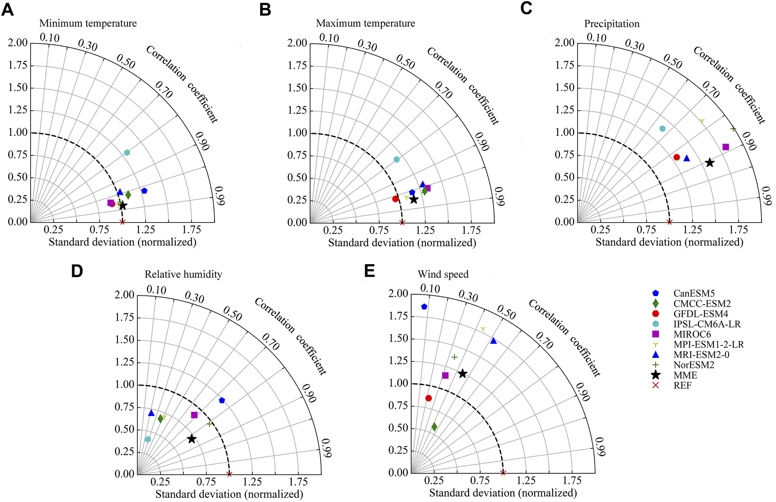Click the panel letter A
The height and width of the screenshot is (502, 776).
coord(7,9)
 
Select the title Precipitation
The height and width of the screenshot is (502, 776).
coord(611,24)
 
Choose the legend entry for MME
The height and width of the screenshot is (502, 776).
coord(685,375)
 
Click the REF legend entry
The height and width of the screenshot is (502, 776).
coord(682,386)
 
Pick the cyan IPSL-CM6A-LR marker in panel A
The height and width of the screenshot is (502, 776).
coord(127,152)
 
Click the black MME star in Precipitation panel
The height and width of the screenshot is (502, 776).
coord(709,163)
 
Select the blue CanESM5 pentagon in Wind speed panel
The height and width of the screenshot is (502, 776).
coord(424,307)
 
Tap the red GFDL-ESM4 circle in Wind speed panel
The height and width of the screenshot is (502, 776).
coord(428,398)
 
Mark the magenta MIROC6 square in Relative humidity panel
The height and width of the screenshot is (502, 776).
coord(194,415)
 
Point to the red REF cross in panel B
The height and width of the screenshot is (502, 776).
coord(402,223)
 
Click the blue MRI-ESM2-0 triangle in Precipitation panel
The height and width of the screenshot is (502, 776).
coord(687,158)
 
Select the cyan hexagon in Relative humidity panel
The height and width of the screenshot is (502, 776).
coord(148,439)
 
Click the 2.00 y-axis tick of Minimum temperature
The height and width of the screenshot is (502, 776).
coord(18,43)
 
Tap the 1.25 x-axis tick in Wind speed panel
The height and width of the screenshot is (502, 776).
coord(526,481)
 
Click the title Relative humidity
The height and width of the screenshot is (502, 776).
coord(183,275)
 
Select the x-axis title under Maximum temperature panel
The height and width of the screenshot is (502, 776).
coord(402,243)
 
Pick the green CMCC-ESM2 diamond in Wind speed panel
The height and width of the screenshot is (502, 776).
coord(434,427)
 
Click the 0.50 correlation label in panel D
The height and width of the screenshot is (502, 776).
coord(233,313)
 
